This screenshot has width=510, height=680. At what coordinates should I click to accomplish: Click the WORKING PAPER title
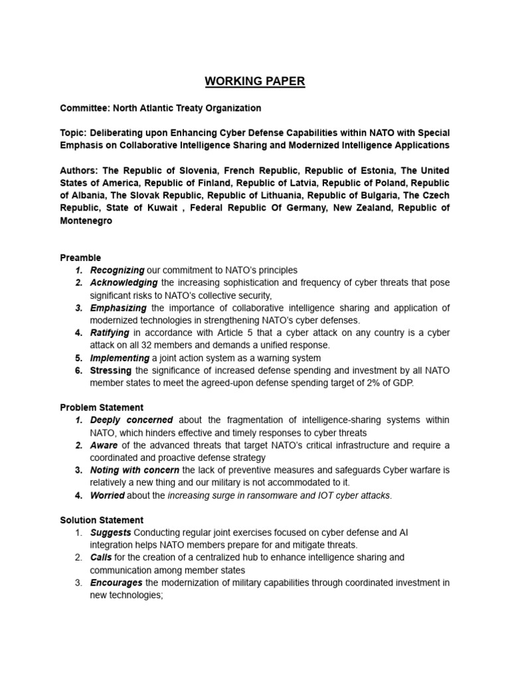(x=255, y=82)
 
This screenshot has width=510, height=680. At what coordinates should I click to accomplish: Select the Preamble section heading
(x=80, y=258)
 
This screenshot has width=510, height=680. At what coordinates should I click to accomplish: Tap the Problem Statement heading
(x=102, y=407)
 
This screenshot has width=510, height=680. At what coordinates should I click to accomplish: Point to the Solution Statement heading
(x=102, y=520)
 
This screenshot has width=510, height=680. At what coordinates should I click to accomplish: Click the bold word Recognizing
(x=117, y=270)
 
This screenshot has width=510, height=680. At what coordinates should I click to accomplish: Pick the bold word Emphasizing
(x=119, y=308)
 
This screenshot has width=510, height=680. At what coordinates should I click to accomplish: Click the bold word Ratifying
(x=109, y=333)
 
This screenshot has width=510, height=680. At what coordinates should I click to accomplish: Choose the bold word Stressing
(x=111, y=371)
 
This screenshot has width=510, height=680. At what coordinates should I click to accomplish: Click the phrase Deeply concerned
(x=131, y=420)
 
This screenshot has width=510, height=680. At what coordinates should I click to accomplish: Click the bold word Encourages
(x=116, y=583)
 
